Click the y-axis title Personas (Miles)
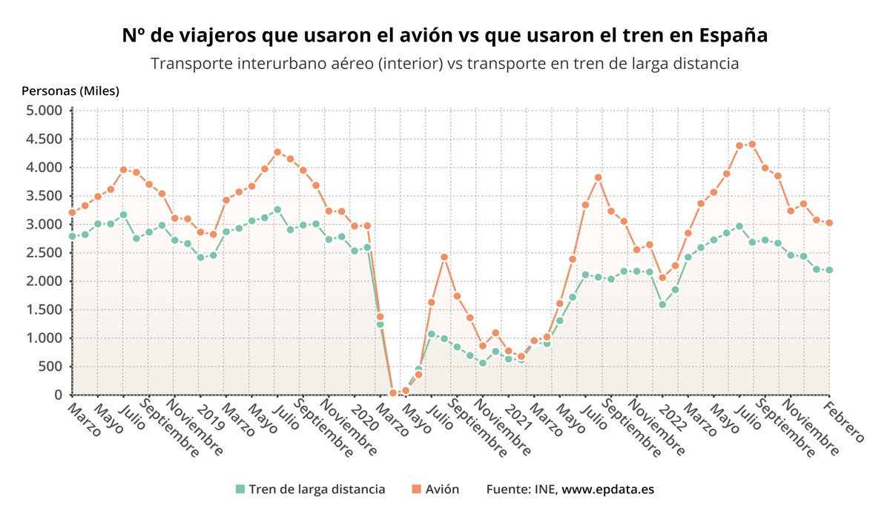point(70,91)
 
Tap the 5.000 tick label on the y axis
point(44,111)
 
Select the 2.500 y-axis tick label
point(44,253)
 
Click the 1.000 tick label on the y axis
point(44,338)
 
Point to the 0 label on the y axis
point(58,395)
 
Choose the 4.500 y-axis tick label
point(44,139)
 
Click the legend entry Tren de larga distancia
point(317,490)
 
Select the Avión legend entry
point(441,490)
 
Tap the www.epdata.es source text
point(607,490)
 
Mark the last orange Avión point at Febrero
point(829,223)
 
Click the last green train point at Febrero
point(829,270)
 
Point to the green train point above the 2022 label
point(662,304)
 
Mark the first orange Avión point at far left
point(72,212)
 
